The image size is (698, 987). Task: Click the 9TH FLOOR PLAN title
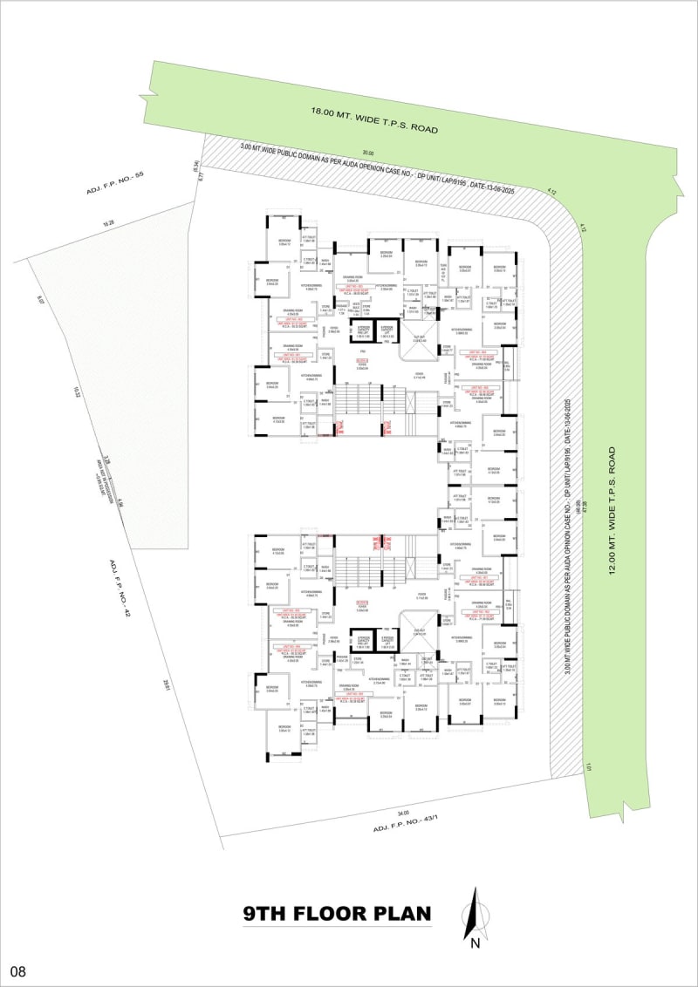click(x=338, y=914)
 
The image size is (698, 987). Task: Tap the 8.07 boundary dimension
click(x=40, y=300)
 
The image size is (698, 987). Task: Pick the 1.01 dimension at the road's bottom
click(x=590, y=767)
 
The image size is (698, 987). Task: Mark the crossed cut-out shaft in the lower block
click(x=417, y=627)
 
